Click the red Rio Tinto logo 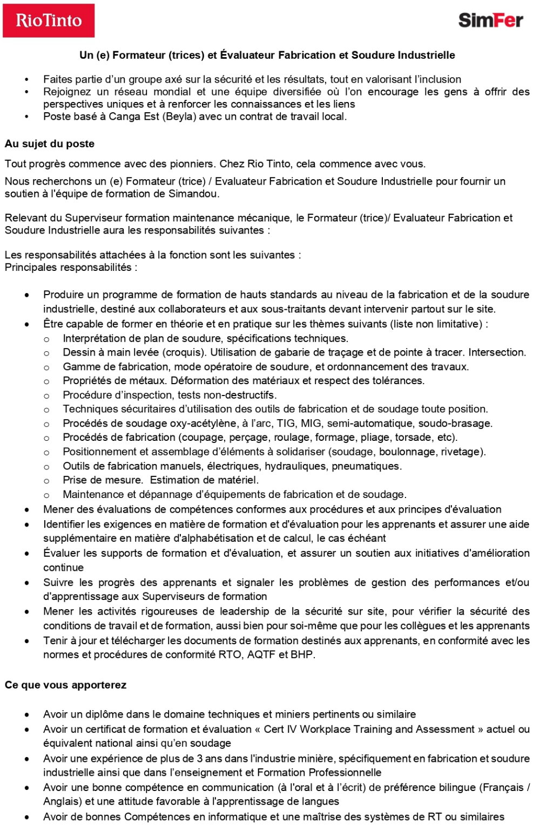click(x=49, y=21)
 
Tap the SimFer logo click(x=490, y=21)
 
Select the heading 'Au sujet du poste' click(x=50, y=144)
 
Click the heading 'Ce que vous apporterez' click(x=65, y=685)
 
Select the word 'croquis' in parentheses click(x=187, y=352)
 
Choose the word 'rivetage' click(x=463, y=452)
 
